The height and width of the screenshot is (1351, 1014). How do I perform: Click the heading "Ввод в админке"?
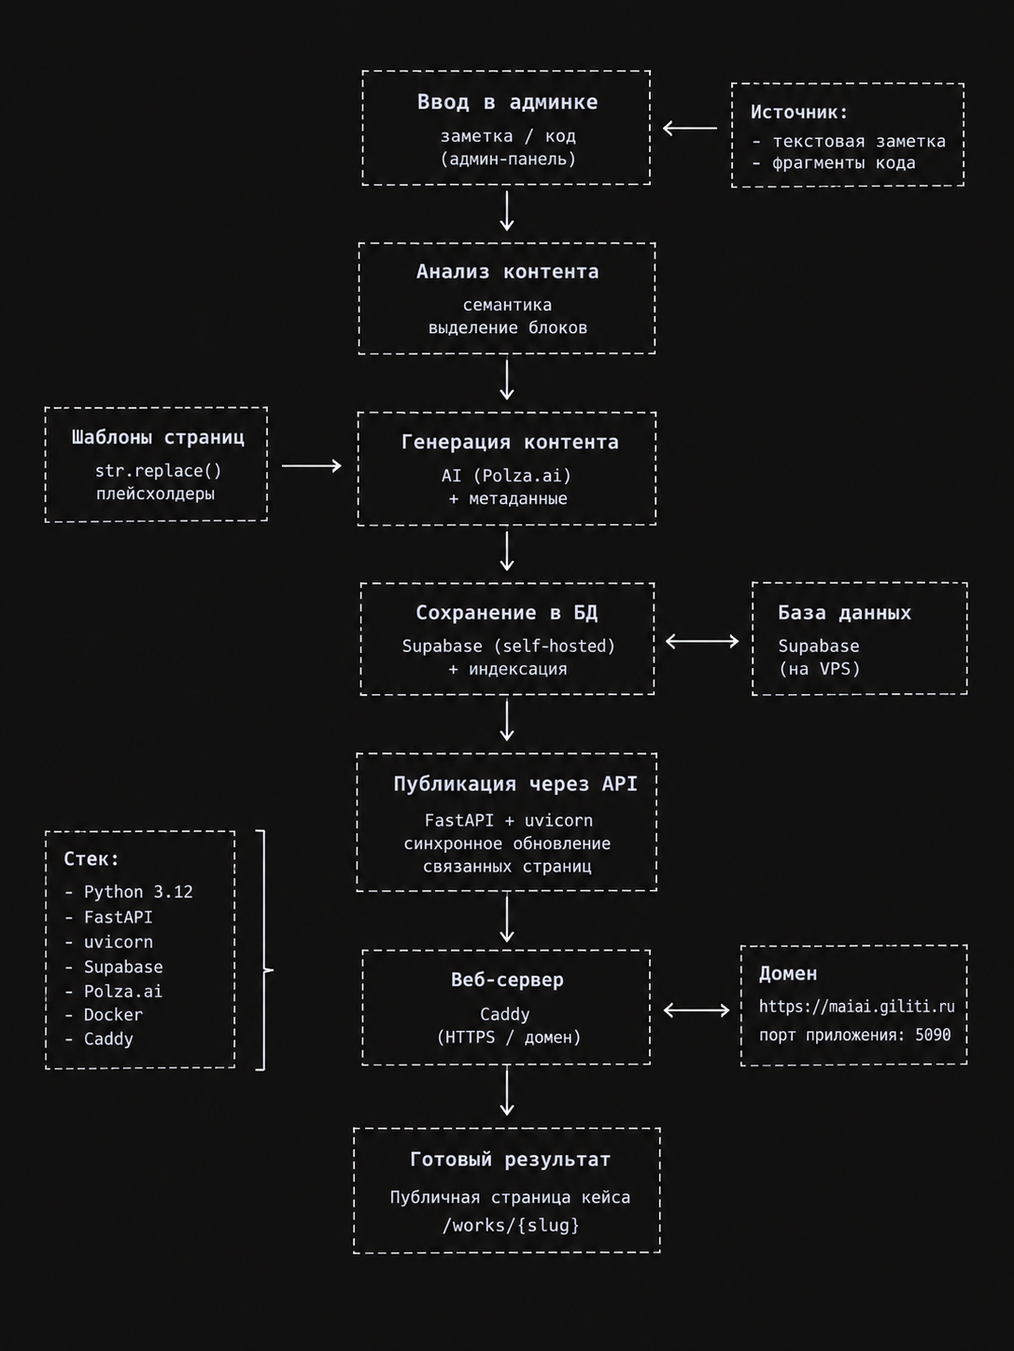[x=507, y=102]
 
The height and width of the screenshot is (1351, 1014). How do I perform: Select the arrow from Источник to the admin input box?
[x=690, y=128]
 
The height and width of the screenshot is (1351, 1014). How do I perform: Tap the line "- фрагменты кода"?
[x=834, y=163]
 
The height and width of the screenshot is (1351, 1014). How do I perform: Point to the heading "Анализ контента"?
[x=507, y=272]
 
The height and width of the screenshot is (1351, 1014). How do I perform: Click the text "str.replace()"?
[x=158, y=471]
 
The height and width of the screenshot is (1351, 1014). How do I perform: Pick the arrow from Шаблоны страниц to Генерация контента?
[x=312, y=466]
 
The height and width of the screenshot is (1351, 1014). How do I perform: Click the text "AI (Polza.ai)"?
[x=507, y=476]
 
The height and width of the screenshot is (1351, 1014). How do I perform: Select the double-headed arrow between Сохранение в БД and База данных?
[x=702, y=641]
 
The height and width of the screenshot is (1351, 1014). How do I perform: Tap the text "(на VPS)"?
[x=819, y=668]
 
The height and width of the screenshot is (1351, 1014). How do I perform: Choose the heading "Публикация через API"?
[x=515, y=784]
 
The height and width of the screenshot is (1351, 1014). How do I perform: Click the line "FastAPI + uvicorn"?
[x=509, y=820]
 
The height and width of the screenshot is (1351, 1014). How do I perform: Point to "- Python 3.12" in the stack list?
[x=129, y=892]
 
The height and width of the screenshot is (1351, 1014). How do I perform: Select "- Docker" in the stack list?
[x=104, y=1014]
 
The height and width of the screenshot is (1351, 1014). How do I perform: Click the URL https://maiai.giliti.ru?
[x=856, y=1007]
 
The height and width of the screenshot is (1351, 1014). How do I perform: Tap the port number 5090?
[x=933, y=1035]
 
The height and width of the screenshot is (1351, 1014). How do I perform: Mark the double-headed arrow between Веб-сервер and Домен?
[x=697, y=1010]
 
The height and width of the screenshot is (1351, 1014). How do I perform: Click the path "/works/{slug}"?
[x=511, y=1225]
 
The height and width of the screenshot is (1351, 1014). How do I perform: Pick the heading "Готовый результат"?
[x=511, y=1160]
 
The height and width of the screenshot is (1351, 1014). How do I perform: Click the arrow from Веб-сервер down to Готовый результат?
[x=507, y=1092]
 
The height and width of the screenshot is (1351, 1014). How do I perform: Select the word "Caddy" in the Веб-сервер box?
[x=505, y=1013]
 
